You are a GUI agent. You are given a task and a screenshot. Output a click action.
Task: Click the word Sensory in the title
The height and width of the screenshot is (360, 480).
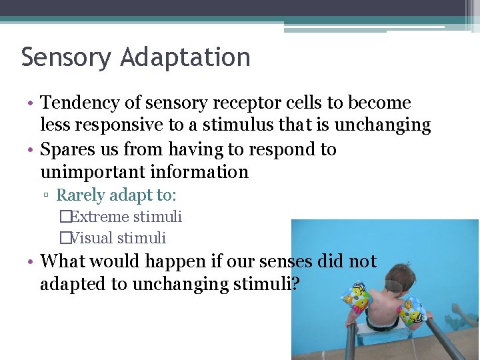(66, 57)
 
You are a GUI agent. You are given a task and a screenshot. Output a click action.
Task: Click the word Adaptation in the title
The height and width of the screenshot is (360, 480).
(185, 57)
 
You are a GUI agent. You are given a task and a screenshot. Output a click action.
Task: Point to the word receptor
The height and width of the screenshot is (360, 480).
(243, 103)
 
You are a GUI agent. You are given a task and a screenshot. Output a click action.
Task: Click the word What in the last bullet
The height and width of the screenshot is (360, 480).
(63, 261)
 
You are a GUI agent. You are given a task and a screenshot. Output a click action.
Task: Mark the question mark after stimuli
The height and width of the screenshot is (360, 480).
(295, 284)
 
